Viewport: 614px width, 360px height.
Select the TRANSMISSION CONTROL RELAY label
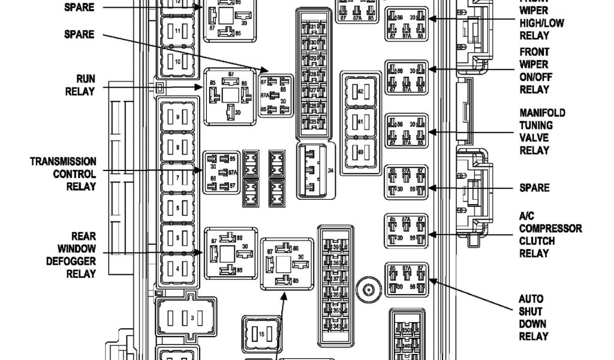(64, 174)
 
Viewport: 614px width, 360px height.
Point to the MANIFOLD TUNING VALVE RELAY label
(542, 131)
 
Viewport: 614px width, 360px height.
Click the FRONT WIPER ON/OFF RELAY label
(535, 71)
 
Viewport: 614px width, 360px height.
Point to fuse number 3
(185, 316)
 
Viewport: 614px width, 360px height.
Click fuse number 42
(360, 91)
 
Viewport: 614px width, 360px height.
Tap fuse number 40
(360, 151)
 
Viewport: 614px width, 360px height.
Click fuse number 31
(314, 28)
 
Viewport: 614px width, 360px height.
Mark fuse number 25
(314, 122)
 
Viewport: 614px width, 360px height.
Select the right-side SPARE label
(534, 188)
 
